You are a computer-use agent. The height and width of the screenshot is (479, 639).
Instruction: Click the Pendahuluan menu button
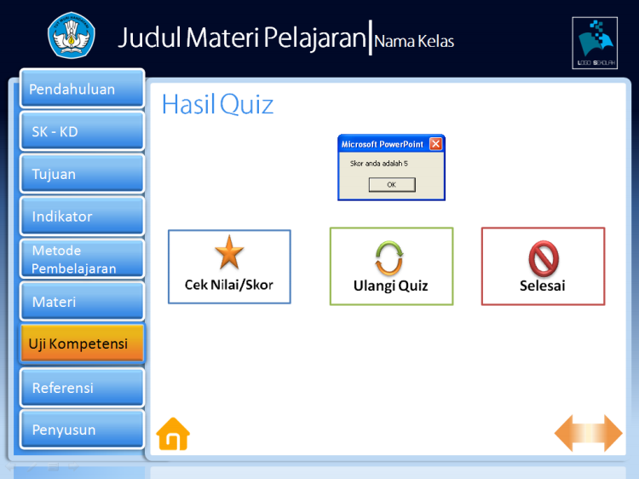[x=82, y=89]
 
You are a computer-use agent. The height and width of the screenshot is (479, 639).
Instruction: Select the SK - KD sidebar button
[x=82, y=131]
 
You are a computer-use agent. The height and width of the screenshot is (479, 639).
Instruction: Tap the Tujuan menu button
[x=82, y=174]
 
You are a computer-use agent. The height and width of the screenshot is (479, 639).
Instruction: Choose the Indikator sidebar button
[x=82, y=216]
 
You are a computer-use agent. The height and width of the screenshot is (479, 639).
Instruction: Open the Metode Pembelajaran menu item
[x=82, y=259]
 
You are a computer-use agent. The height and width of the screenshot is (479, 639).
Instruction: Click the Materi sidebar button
[x=82, y=302]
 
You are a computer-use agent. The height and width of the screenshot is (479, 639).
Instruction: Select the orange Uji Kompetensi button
[x=82, y=343]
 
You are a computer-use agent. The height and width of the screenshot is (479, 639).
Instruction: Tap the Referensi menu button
[x=82, y=388]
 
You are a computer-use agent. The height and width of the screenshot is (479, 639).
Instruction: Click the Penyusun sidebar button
[x=82, y=430]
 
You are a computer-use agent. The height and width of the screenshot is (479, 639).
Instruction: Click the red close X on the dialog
[x=435, y=144]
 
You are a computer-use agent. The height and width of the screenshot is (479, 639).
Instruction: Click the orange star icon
[x=228, y=253]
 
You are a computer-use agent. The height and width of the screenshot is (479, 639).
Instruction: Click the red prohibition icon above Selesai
[x=543, y=257]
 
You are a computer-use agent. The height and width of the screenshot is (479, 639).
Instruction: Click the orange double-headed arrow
[x=589, y=433]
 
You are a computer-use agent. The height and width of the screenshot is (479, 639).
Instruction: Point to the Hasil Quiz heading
[x=217, y=104]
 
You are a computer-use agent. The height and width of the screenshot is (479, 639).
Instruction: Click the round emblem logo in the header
[x=72, y=36]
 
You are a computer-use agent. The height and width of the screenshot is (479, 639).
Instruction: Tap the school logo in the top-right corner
[x=595, y=42]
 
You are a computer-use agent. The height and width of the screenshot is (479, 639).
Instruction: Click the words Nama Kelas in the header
[x=414, y=41]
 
